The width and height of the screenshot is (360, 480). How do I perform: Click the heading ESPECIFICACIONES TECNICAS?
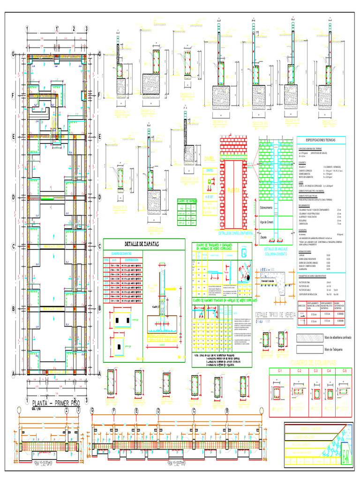click(x=321, y=140)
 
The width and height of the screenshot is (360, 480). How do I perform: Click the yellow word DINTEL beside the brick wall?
click(x=209, y=158)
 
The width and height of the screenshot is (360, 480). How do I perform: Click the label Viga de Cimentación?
click(x=267, y=222)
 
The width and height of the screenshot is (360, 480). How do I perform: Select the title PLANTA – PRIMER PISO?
click(x=55, y=403)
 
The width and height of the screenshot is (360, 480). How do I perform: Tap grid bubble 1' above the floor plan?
click(x=57, y=29)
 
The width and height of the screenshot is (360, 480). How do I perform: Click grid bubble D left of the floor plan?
click(x=14, y=197)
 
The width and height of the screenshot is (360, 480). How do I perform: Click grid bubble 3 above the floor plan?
click(x=87, y=29)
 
